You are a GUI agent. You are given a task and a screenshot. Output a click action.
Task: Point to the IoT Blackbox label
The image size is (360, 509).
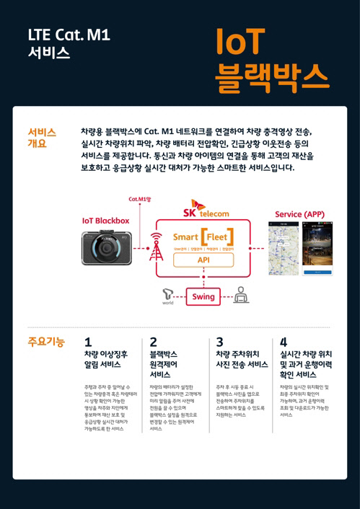pos(106,220)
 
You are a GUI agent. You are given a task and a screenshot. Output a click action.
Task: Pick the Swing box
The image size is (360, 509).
pos(203,296)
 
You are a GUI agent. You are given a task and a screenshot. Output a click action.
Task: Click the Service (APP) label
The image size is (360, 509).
pos(299,214)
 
